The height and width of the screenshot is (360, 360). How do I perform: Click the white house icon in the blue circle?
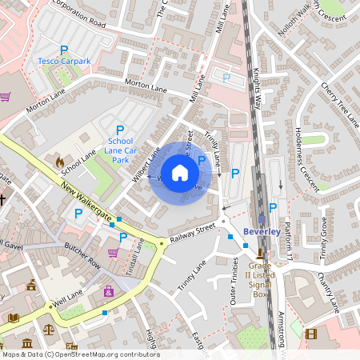pyautogui.click(x=180, y=173)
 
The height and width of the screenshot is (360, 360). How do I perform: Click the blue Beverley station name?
pyautogui.click(x=262, y=232)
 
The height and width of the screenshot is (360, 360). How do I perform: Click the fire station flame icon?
pyautogui.click(x=59, y=162)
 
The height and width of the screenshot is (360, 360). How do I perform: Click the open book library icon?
pyautogui.click(x=14, y=318)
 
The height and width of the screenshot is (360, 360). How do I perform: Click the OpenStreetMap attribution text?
pyautogui.click(x=80, y=354)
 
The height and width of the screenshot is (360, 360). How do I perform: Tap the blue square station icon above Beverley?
pyautogui.click(x=262, y=219)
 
